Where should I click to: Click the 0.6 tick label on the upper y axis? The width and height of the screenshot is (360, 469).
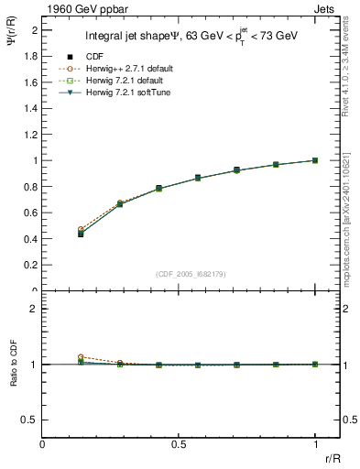click(31, 213)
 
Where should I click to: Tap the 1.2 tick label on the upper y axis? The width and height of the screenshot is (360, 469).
click(31, 135)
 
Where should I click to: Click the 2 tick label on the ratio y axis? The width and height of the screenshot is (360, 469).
click(35, 309)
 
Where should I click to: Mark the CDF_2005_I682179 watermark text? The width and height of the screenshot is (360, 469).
click(191, 274)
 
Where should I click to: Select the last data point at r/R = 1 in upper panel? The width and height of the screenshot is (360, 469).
click(315, 160)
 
